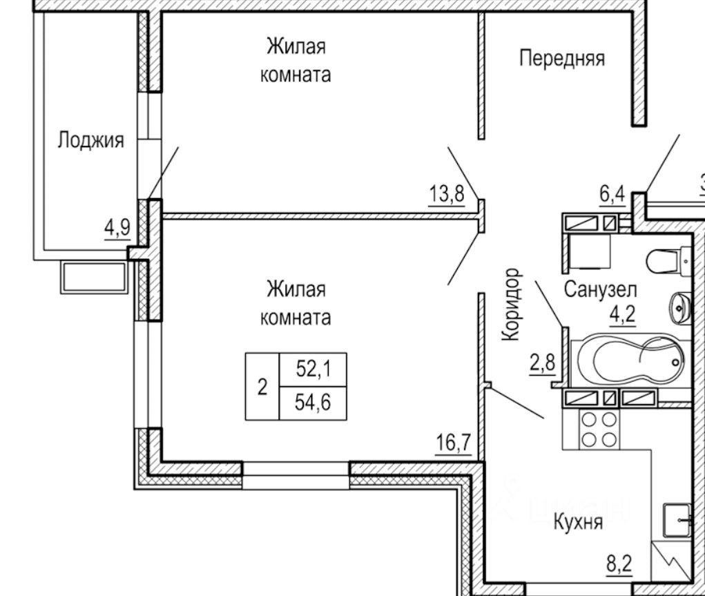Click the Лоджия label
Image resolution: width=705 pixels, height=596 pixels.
[x=90, y=140]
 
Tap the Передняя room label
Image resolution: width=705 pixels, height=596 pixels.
[x=562, y=59]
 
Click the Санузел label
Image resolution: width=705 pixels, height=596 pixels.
[x=600, y=289]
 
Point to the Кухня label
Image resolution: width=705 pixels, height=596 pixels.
[x=578, y=523]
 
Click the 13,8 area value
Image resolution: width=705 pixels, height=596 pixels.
[x=447, y=194]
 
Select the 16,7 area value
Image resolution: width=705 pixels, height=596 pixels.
[x=453, y=443]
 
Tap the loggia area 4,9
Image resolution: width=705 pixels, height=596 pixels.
[x=117, y=228]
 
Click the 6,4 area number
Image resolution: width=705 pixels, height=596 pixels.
[x=612, y=195]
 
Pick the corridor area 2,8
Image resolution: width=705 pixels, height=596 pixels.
[x=543, y=363]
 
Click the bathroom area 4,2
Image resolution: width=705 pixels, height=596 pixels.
[x=623, y=314]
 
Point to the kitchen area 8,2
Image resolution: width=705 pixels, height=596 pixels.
[x=619, y=564]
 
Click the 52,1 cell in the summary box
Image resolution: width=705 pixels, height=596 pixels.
[x=313, y=369]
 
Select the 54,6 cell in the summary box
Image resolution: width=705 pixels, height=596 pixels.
[x=313, y=403]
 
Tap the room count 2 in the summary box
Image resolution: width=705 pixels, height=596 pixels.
[x=262, y=387]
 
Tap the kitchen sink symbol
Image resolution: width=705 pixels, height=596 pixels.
[x=677, y=521]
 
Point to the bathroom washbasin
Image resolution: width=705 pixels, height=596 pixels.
[x=680, y=308]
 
